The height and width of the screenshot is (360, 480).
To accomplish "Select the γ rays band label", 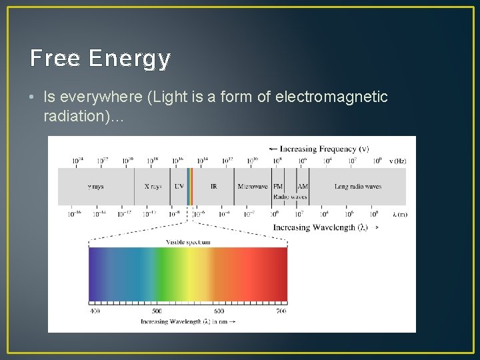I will [x=95, y=187].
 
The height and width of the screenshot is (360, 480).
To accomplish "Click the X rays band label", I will [x=153, y=187].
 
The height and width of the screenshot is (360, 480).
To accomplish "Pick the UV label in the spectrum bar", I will [x=179, y=187].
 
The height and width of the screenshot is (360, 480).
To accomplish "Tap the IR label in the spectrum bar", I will [x=213, y=187].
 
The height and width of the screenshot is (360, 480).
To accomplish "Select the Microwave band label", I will [x=253, y=187].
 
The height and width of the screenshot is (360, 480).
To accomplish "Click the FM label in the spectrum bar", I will [x=278, y=187].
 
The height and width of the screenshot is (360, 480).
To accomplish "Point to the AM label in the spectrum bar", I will [x=303, y=187].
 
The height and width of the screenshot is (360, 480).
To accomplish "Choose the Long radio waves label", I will [x=358, y=187].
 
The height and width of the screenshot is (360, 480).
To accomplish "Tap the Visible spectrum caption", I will [x=188, y=241].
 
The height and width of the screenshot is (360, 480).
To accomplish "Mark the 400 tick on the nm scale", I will [x=95, y=311].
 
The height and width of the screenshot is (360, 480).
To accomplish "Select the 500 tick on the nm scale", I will [x=156, y=311].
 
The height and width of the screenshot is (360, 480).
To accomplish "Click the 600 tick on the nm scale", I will [x=219, y=311].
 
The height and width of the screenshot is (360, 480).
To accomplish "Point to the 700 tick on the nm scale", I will [x=281, y=311].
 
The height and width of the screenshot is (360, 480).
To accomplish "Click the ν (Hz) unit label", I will [x=398, y=161].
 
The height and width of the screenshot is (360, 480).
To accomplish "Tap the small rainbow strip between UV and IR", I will [x=190, y=186].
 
